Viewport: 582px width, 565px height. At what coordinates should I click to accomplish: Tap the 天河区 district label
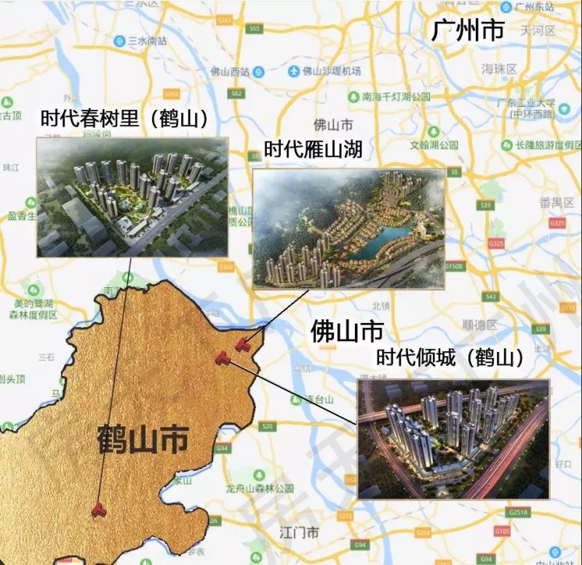[538, 31]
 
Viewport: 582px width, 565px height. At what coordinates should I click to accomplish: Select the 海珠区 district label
[498, 68]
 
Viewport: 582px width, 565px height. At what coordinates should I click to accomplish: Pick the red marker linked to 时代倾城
[223, 356]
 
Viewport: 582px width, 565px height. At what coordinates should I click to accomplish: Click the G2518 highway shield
[519, 513]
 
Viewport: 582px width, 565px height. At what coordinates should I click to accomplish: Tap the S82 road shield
[235, 94]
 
